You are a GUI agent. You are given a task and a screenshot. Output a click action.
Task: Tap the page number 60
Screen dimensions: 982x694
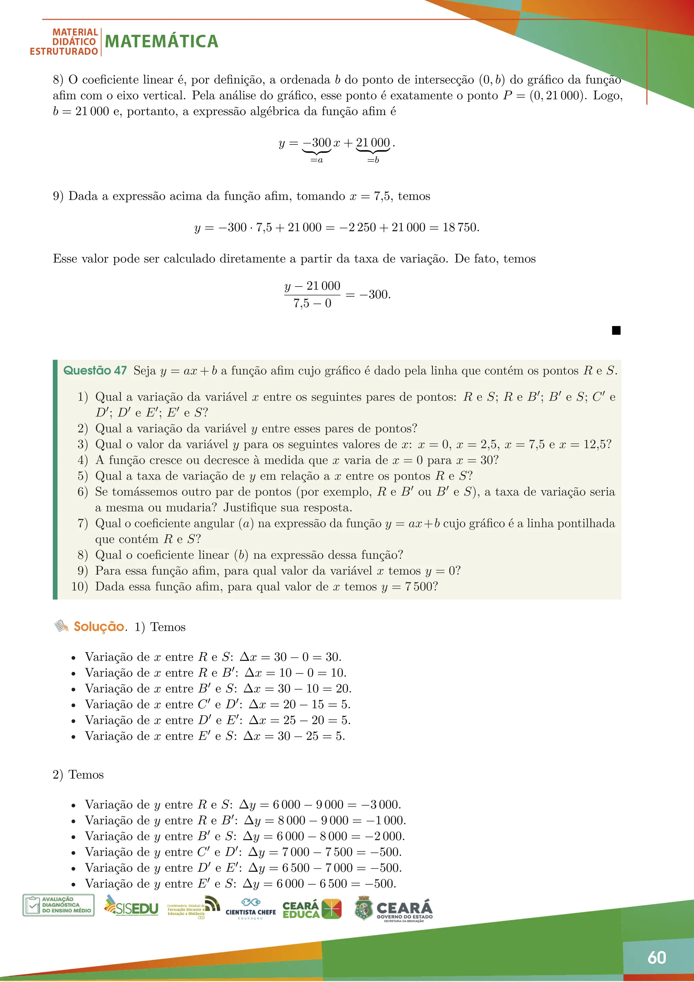pyautogui.click(x=656, y=957)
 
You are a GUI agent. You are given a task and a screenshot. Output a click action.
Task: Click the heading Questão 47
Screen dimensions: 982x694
pyautogui.click(x=95, y=370)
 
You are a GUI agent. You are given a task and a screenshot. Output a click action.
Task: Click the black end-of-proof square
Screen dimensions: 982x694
pyautogui.click(x=616, y=330)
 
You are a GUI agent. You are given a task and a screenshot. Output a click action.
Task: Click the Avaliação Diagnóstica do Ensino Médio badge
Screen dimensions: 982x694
pyautogui.click(x=59, y=905)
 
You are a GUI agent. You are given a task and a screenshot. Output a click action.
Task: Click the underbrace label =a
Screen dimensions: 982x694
pyautogui.click(x=316, y=160)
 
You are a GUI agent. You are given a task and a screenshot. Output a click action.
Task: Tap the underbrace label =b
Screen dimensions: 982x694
pyautogui.click(x=373, y=160)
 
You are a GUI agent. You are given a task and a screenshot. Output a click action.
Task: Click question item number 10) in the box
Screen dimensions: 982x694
pyautogui.click(x=80, y=586)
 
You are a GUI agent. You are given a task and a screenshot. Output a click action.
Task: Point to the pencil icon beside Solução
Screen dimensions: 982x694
pyautogui.click(x=61, y=626)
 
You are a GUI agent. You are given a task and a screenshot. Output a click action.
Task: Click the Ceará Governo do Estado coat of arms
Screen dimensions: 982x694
pyautogui.click(x=364, y=908)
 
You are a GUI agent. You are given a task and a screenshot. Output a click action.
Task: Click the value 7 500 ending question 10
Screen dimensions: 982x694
pyautogui.click(x=419, y=586)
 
